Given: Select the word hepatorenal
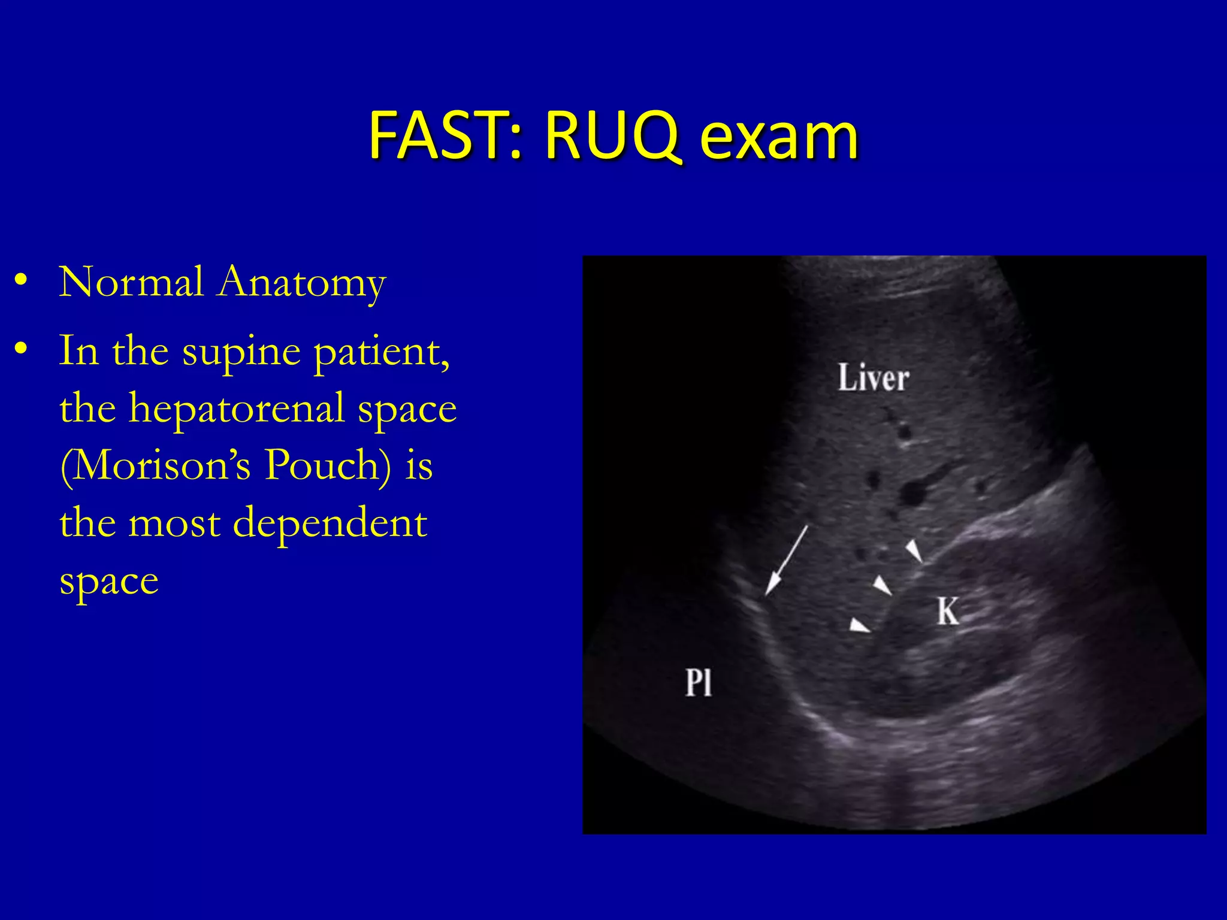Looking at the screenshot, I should [x=237, y=409].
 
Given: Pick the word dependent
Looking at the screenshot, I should [x=330, y=523].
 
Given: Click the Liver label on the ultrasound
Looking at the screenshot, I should [x=873, y=379].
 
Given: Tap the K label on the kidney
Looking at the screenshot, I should [x=948, y=612].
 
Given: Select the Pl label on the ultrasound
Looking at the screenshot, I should [x=699, y=682].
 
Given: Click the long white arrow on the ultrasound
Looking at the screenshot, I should [x=787, y=561].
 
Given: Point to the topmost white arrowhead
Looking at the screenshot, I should [x=914, y=550].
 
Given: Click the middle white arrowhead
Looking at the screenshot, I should [x=882, y=585].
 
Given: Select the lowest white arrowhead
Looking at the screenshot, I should [x=859, y=625].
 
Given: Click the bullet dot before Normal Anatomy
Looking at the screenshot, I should [x=22, y=280].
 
